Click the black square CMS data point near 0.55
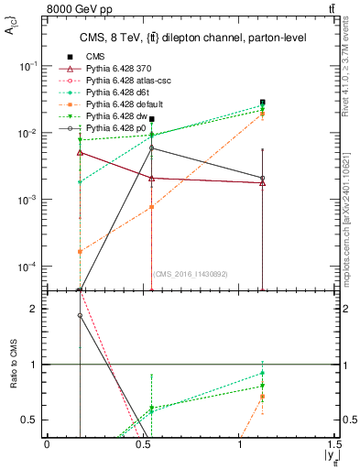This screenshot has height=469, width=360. coord(152,119)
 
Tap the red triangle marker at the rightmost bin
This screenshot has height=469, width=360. coord(263,183)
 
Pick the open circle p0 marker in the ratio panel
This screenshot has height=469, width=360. coord(81,315)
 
